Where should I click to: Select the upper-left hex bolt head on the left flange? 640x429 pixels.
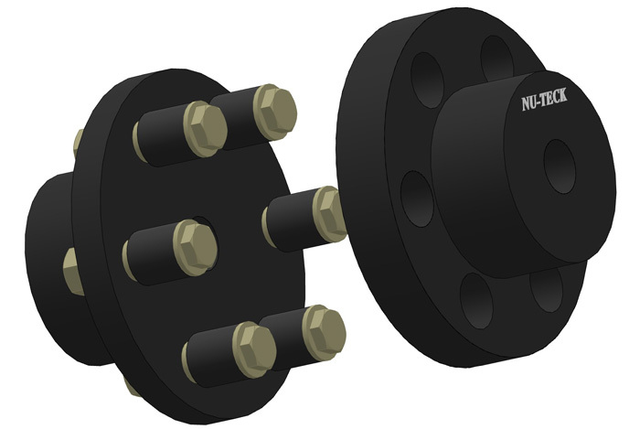pyautogui.click(x=204, y=124)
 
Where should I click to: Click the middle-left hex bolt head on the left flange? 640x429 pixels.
pyautogui.click(x=194, y=245)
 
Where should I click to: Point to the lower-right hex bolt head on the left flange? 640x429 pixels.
pyautogui.click(x=323, y=330)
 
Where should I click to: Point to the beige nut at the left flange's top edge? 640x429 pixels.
pyautogui.click(x=79, y=141)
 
